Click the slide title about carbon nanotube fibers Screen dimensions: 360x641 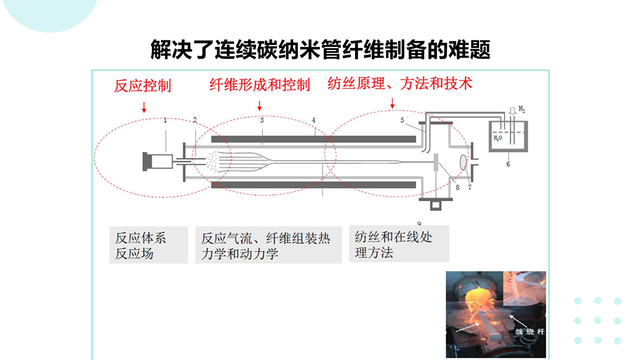coord(320,50)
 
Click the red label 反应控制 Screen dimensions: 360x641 coord(142,85)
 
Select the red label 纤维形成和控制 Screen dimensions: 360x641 coord(260,85)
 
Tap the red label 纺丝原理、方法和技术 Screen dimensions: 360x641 coord(399,83)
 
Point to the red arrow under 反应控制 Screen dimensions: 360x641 coord(144,107)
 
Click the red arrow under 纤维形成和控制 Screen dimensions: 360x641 coord(260,106)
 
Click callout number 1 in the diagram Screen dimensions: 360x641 coord(166,120)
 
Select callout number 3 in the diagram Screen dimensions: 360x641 coord(262,120)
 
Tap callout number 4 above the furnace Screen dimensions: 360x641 coord(313,120)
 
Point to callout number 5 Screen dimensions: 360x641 coord(402,120)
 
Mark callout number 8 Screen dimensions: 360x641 coord(457,187)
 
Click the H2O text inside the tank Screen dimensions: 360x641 coord(497,138)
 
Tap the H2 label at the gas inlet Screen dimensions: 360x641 coord(522,110)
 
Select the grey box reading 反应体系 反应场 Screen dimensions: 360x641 coord(148,245)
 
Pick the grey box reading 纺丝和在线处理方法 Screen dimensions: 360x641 coord(399,244)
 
